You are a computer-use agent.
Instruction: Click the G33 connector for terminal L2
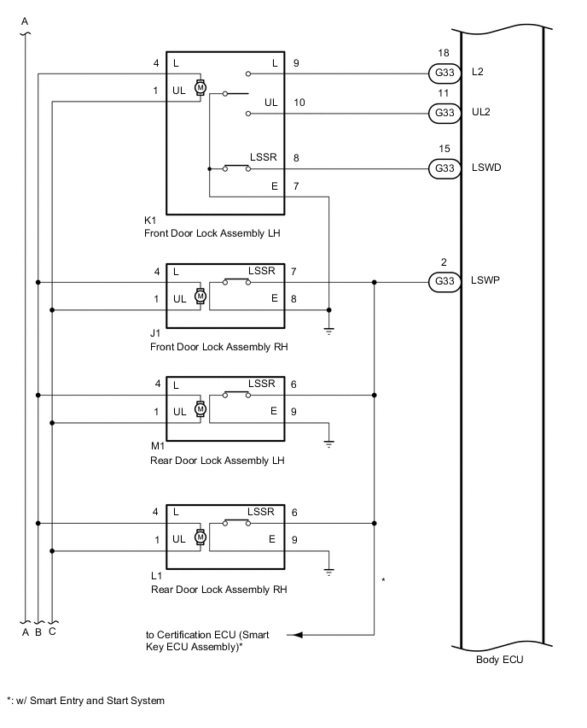pos(444,73)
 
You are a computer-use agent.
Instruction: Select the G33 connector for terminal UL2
pos(444,112)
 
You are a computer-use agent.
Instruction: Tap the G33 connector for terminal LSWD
pos(444,167)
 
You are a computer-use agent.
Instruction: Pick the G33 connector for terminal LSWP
pos(444,280)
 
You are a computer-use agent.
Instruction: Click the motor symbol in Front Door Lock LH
pos(201,87)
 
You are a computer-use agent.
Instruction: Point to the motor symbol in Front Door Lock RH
pos(201,296)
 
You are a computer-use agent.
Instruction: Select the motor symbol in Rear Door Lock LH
pos(201,408)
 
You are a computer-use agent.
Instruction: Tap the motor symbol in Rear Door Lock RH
pos(201,537)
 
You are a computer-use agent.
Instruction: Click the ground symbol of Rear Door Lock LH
pos(329,443)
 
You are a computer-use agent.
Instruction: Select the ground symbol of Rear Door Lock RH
pos(329,571)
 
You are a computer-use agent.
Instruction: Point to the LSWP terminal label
pos(485,280)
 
